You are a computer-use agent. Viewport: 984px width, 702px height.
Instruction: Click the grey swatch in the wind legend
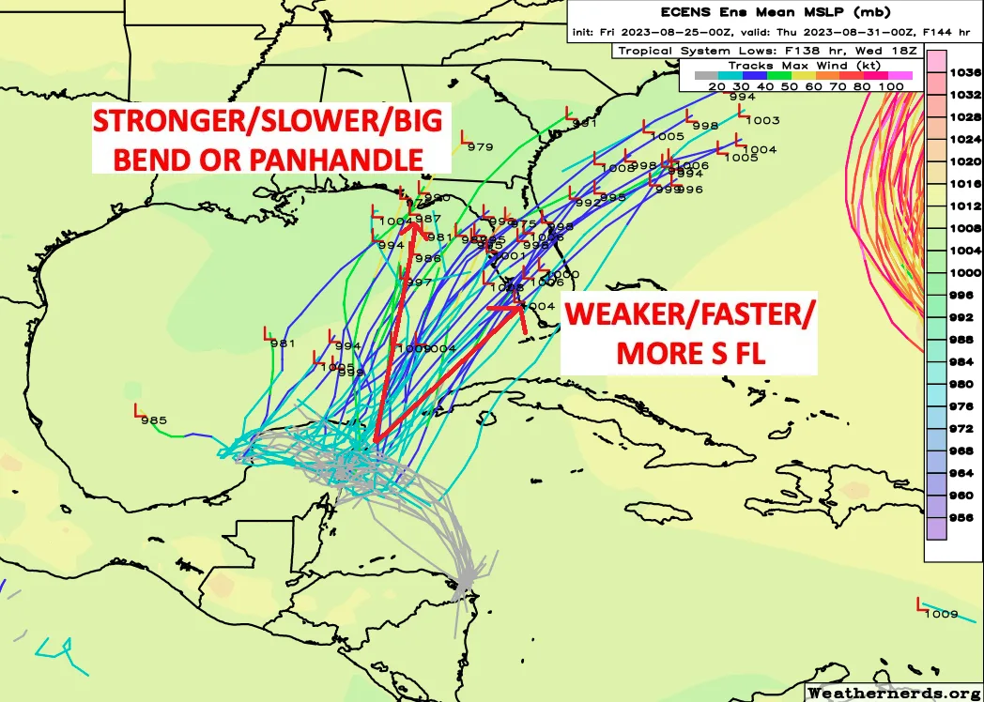click(706, 75)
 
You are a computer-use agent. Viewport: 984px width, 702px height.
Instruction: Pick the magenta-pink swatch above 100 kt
click(900, 75)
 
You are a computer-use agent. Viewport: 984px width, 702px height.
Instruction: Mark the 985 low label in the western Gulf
click(154, 420)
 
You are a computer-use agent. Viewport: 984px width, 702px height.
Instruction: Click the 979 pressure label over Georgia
click(480, 146)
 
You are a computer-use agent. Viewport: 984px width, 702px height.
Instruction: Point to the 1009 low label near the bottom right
click(941, 615)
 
